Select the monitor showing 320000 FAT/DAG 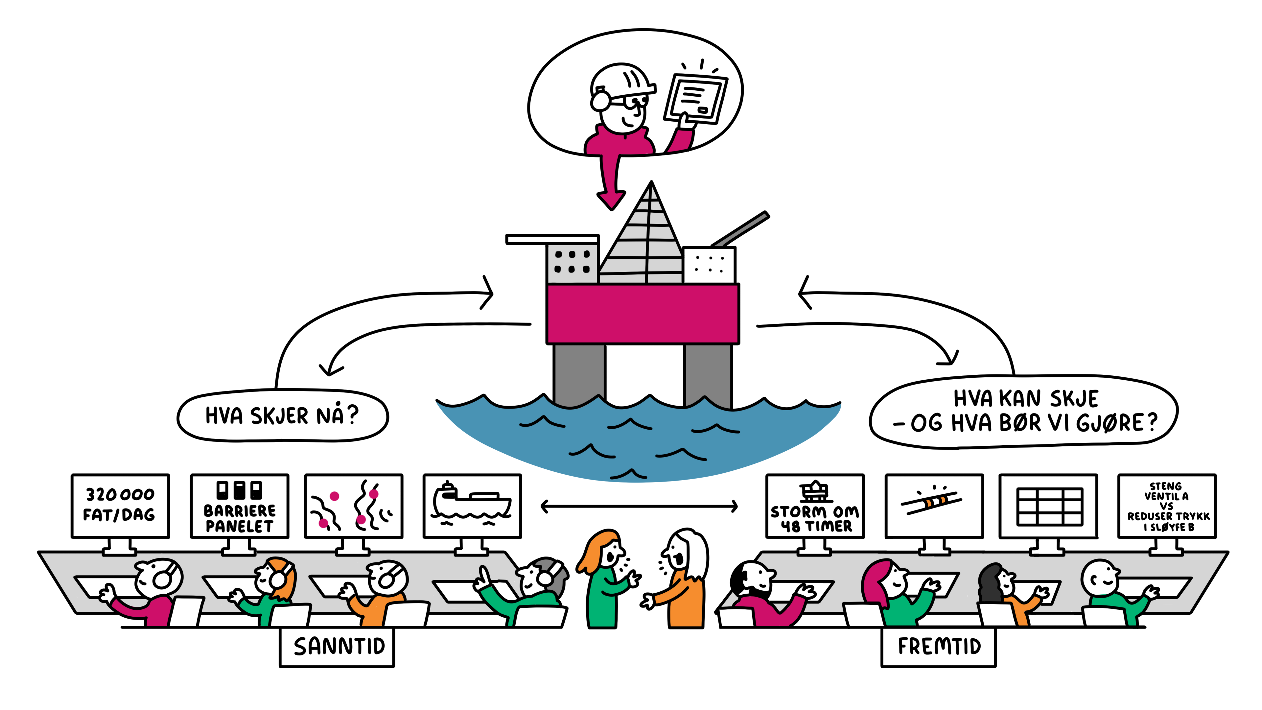(x=120, y=506)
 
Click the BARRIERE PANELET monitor (x=240, y=506)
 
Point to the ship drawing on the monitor (x=470, y=502)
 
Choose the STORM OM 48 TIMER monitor (x=815, y=506)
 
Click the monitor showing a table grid (x=1048, y=506)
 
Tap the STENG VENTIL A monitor (x=1167, y=506)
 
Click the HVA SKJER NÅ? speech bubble (x=282, y=415)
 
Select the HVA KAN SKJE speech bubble (x=1024, y=412)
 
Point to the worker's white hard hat (x=622, y=79)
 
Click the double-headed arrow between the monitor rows (x=639, y=506)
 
